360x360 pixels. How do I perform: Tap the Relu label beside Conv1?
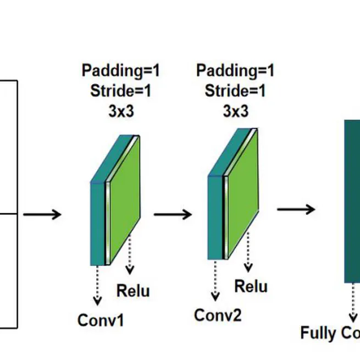click(x=133, y=290)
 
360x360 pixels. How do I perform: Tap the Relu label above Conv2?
click(x=251, y=286)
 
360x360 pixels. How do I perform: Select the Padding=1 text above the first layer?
click(x=120, y=70)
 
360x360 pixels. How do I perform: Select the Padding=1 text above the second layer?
click(x=235, y=70)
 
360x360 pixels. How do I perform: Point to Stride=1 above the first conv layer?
click(x=120, y=91)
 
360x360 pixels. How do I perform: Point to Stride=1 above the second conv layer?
click(x=235, y=91)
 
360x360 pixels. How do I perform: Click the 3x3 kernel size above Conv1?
click(x=121, y=111)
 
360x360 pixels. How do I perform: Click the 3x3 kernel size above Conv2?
click(x=235, y=111)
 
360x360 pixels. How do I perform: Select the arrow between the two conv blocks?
click(x=173, y=213)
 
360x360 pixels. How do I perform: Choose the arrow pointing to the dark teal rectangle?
click(x=296, y=209)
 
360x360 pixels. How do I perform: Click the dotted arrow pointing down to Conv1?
click(x=97, y=285)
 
